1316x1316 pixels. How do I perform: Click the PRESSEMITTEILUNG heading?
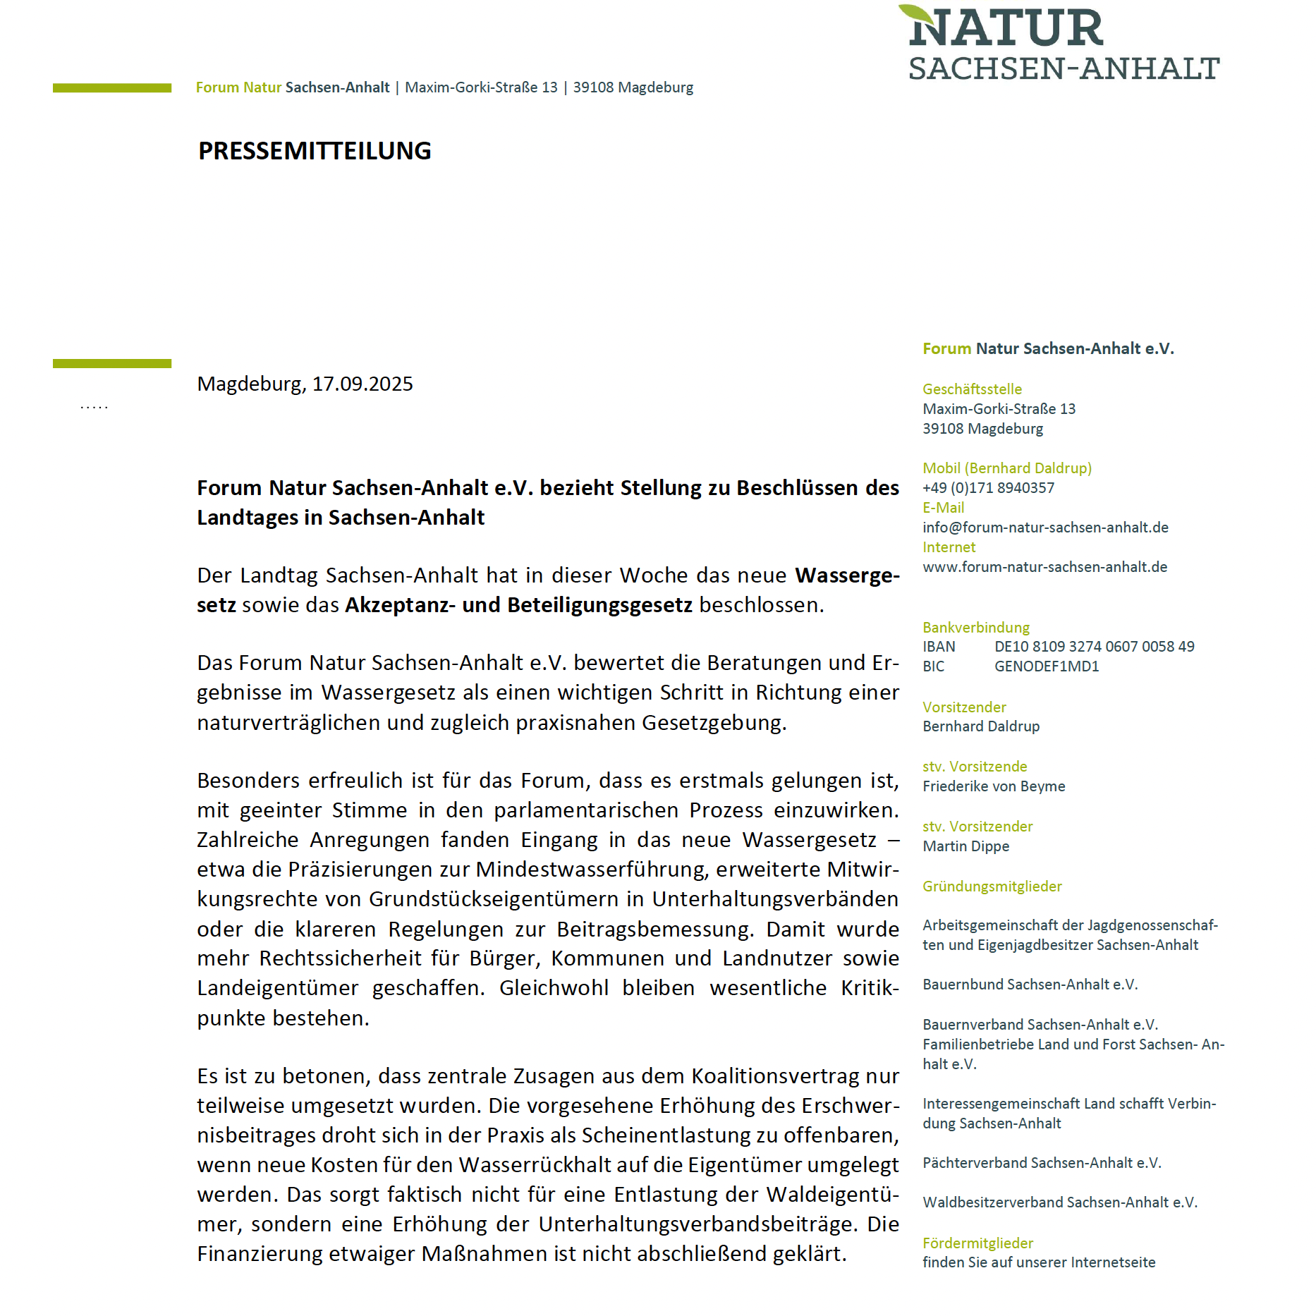tap(315, 151)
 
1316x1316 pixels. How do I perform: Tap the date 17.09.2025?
tap(362, 384)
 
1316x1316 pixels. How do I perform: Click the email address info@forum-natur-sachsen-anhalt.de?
tap(1045, 528)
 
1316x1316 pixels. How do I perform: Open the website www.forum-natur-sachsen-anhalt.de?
tap(1044, 567)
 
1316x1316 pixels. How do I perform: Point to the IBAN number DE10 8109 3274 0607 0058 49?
tap(1094, 647)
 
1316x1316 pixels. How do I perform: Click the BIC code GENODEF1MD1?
tap(1047, 666)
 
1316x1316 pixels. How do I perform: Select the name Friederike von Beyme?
tap(994, 786)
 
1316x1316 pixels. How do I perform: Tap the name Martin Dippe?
tap(965, 846)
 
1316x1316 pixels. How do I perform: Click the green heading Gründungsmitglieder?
tap(992, 887)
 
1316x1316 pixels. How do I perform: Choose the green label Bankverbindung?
tap(975, 628)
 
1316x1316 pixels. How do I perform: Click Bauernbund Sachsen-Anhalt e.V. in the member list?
tap(1030, 985)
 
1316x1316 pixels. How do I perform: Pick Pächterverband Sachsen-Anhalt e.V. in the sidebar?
tap(1041, 1163)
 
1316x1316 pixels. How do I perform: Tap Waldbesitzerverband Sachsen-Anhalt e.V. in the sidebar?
tap(1059, 1202)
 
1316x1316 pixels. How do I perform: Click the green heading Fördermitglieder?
tap(977, 1243)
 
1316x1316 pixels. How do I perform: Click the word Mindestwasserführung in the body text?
tap(591, 870)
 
